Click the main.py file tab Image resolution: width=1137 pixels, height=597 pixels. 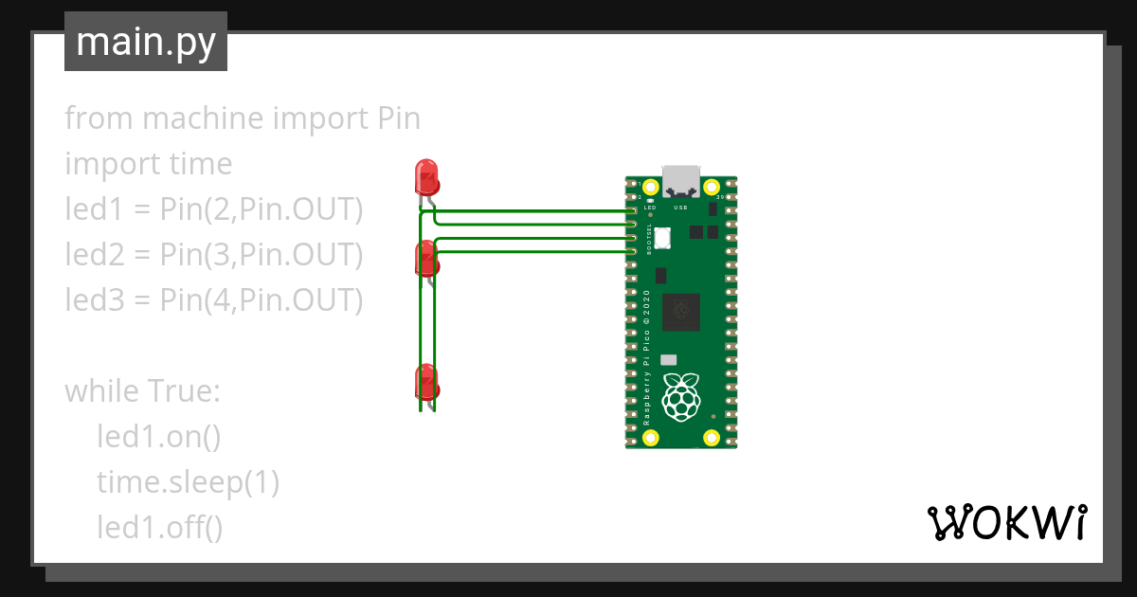point(145,42)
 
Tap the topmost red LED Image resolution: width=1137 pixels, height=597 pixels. point(426,177)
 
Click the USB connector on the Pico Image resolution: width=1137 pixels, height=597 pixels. point(680,179)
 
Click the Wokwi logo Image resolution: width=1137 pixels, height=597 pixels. point(1006,521)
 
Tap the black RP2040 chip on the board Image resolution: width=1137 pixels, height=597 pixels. point(680,312)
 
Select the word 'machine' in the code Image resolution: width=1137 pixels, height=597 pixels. point(203,118)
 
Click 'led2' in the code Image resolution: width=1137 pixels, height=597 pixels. point(91,254)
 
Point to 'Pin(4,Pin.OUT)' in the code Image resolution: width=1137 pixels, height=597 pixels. point(261,299)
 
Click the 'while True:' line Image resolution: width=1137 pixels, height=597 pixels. point(142,390)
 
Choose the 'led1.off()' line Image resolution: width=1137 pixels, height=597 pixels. point(159,527)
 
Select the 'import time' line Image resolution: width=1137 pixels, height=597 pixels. point(148,164)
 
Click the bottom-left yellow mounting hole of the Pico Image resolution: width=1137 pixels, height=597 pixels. point(651,437)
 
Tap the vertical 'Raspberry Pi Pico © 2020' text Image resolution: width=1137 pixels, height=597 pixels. point(646,355)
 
